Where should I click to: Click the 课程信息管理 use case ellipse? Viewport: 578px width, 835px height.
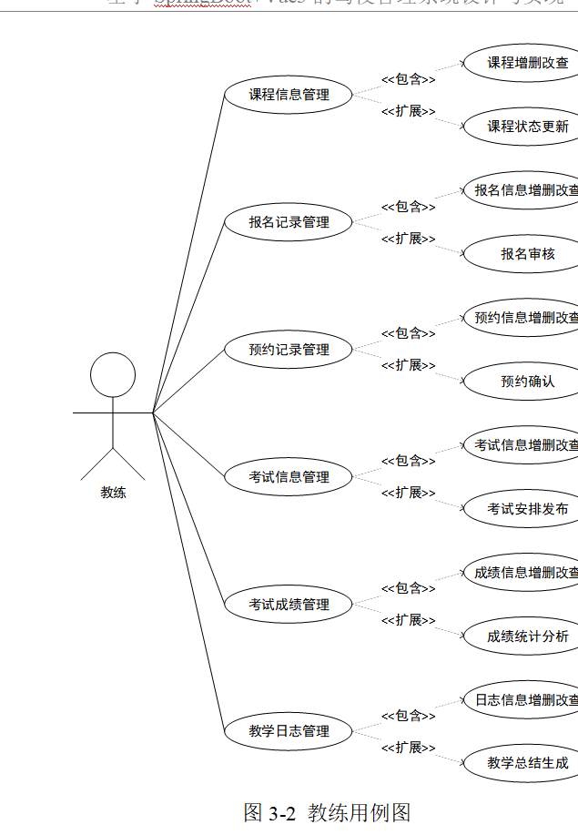[x=289, y=95]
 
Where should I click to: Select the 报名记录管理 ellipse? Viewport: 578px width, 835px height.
[x=289, y=222]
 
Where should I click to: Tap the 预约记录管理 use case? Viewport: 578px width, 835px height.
[x=289, y=350]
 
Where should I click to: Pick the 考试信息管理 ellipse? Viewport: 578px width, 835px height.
[x=289, y=477]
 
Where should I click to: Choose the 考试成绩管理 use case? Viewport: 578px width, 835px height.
[x=289, y=605]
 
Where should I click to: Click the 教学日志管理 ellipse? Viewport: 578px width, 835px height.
[x=289, y=731]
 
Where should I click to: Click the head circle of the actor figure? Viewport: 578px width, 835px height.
[x=113, y=374]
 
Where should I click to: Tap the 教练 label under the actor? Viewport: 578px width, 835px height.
[x=113, y=493]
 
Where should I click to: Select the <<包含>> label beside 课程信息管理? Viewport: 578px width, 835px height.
[x=408, y=79]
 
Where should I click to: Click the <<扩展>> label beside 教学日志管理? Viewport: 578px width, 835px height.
[x=408, y=748]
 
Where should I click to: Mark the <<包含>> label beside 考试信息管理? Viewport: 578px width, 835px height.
[x=408, y=461]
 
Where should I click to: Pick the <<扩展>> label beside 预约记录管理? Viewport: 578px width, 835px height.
[x=408, y=365]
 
